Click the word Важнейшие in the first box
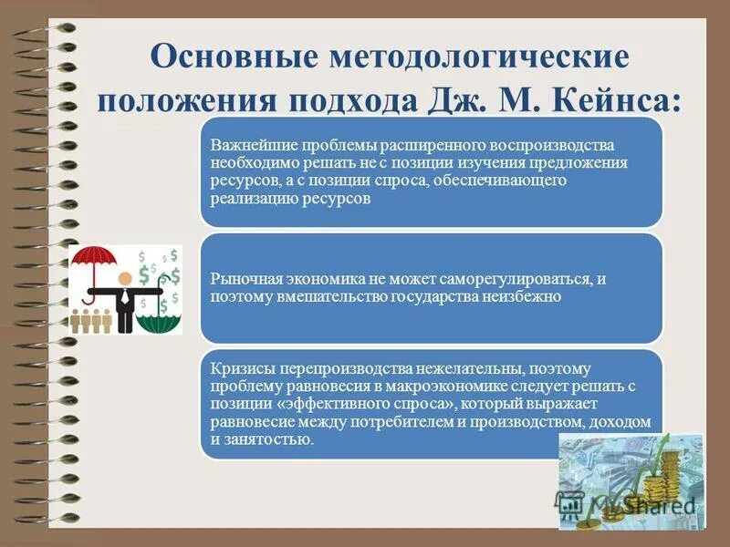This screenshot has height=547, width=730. click(x=245, y=146)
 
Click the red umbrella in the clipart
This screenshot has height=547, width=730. click(x=95, y=261)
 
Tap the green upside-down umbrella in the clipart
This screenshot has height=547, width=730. click(x=158, y=319)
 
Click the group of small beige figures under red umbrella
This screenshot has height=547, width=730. click(x=94, y=322)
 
